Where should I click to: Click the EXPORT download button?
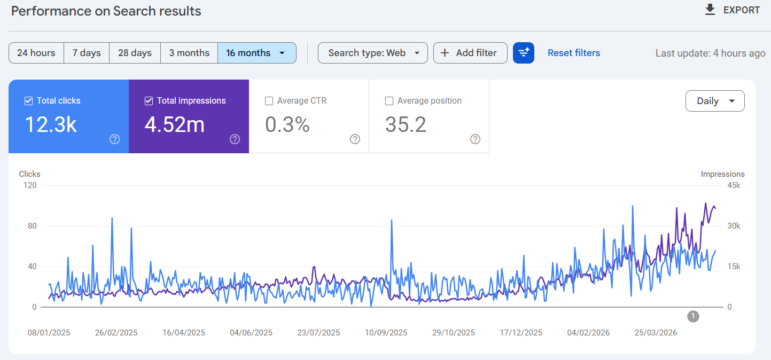point(732,10)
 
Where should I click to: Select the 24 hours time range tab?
point(36,53)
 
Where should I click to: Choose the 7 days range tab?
point(87,53)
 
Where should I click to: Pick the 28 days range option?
point(135,53)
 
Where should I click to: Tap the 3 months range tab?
point(189,53)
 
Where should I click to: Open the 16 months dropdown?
point(257,53)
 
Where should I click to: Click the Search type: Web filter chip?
point(373,53)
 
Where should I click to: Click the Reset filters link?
point(574,53)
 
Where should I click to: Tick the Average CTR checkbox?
point(269,101)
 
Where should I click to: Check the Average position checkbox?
point(389,101)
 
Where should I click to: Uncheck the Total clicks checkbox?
point(28,101)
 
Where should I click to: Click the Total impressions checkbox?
point(149,101)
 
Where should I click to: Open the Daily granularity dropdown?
point(715,101)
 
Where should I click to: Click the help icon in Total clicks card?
point(115,139)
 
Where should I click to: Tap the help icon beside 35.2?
point(475,139)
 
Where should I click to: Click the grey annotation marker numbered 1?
point(693,316)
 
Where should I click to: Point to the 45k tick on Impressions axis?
point(734,185)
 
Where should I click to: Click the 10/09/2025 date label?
point(386,333)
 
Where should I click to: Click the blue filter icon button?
point(523,53)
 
